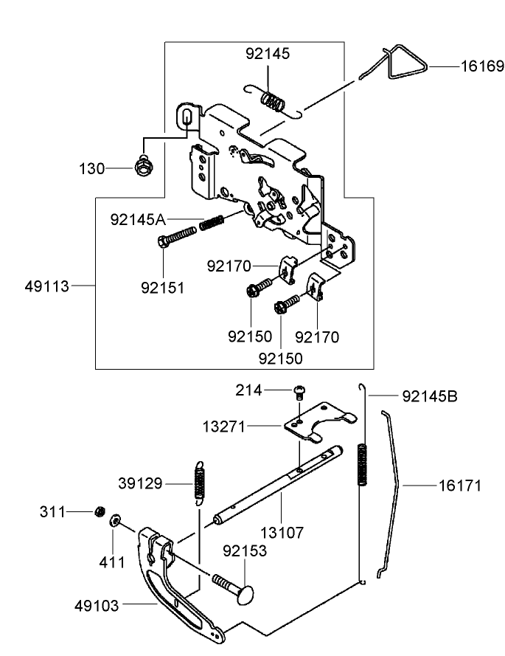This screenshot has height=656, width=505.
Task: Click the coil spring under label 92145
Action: pos(275,100)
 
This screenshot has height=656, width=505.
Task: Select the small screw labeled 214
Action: pos(299,390)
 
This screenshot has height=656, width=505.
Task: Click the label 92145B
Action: pos(430,396)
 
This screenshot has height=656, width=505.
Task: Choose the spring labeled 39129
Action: pos(198,483)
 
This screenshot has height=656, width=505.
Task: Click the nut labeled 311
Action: pos(98,511)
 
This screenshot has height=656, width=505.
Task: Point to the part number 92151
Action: pos(163,287)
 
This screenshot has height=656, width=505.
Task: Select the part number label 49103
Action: pos(97,604)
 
